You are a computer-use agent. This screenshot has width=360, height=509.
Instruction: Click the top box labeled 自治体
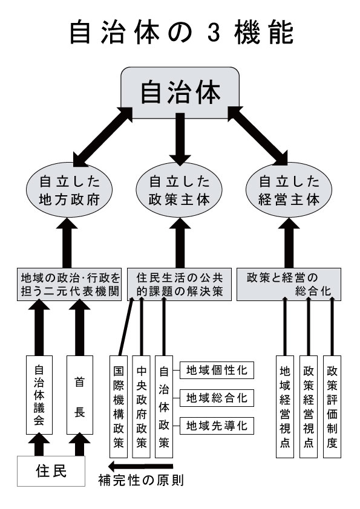[180, 93]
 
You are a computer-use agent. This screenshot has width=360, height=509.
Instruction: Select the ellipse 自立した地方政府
[69, 190]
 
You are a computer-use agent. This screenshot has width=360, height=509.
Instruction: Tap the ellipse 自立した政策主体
[179, 190]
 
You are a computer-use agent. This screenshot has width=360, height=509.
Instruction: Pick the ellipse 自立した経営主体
[289, 190]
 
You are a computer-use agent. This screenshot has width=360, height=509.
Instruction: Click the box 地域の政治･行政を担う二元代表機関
[69, 284]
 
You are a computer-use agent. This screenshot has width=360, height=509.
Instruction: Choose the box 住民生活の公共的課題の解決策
[179, 284]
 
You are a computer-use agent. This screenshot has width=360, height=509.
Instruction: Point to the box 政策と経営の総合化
[289, 284]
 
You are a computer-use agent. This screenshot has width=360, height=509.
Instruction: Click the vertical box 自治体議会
[39, 395]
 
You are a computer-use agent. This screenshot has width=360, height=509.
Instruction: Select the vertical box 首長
[80, 395]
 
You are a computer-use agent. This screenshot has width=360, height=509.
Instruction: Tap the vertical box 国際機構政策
[118, 407]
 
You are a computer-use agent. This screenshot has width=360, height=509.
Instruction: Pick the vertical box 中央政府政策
[142, 407]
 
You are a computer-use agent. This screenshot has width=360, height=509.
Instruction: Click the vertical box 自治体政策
[164, 407]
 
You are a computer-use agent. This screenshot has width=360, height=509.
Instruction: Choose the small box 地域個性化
[217, 370]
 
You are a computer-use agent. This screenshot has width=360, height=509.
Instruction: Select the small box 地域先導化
[217, 426]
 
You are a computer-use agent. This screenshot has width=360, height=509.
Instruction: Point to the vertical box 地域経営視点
[285, 407]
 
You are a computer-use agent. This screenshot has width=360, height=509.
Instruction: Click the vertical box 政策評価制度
[332, 407]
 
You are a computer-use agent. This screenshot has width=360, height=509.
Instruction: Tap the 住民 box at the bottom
[51, 471]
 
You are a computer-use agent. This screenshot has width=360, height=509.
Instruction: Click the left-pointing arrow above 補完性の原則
[141, 467]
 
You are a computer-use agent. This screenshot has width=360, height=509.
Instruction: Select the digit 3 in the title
[214, 33]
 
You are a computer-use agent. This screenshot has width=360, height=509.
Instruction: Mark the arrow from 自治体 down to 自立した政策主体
[179, 139]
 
